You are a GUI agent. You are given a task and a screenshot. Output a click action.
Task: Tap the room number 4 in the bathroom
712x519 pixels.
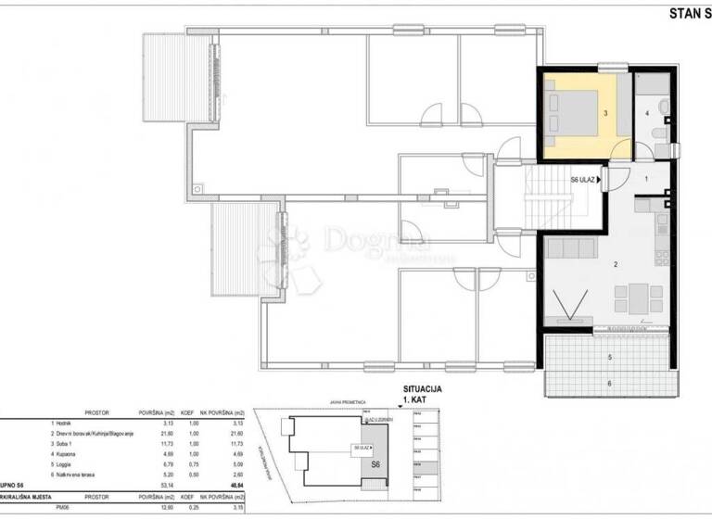pyautogui.click(x=646, y=115)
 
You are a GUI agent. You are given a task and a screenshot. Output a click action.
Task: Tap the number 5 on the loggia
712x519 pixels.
pyautogui.click(x=609, y=357)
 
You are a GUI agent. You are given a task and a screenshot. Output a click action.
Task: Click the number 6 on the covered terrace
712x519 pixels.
pyautogui.click(x=609, y=383)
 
